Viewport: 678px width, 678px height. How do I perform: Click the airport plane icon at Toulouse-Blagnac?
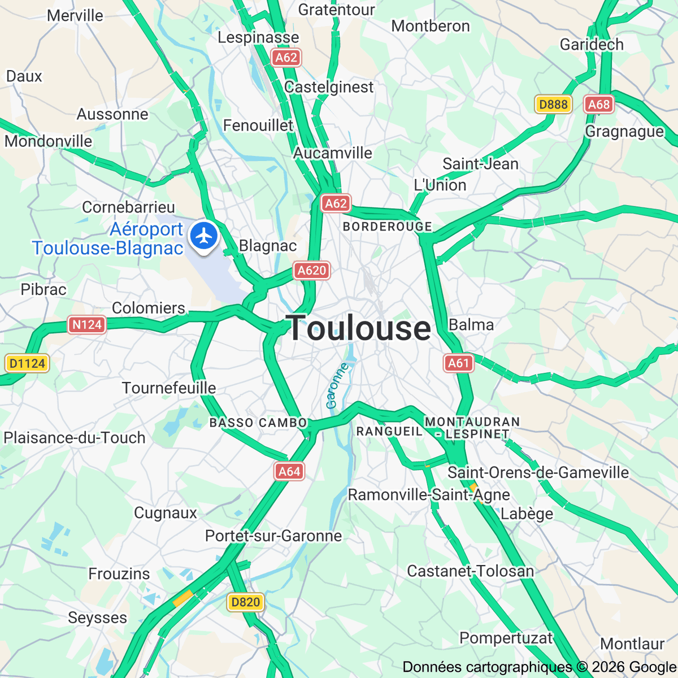pyautogui.click(x=204, y=236)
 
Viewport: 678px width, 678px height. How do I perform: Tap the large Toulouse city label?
pyautogui.click(x=359, y=328)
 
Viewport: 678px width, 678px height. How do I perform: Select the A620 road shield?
pyautogui.click(x=311, y=271)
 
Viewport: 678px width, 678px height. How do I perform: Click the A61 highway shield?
pyautogui.click(x=458, y=363)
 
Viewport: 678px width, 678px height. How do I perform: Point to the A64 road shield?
pyautogui.click(x=289, y=471)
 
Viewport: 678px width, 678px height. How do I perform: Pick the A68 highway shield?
pyautogui.click(x=599, y=104)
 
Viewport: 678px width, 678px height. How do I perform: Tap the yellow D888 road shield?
pyautogui.click(x=553, y=104)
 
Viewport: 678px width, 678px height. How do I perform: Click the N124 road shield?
pyautogui.click(x=87, y=324)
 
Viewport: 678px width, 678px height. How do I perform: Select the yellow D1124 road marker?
pyautogui.click(x=27, y=363)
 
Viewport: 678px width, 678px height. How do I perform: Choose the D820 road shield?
pyautogui.click(x=246, y=602)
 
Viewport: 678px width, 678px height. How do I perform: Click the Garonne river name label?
pyautogui.click(x=337, y=386)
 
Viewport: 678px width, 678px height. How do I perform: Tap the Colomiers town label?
pyautogui.click(x=149, y=308)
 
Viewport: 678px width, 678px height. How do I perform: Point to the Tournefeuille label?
pyautogui.click(x=169, y=388)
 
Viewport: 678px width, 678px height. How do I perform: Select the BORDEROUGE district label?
pyautogui.click(x=388, y=227)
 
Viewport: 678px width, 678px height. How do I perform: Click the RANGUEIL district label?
pyautogui.click(x=389, y=432)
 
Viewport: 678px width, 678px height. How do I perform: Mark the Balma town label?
pyautogui.click(x=471, y=325)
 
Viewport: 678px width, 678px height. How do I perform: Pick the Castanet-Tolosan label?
pyautogui.click(x=471, y=571)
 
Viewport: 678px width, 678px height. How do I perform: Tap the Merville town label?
pyautogui.click(x=75, y=15)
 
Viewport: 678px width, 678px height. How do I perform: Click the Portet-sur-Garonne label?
pyautogui.click(x=273, y=536)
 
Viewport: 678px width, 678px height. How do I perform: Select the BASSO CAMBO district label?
pyautogui.click(x=258, y=423)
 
